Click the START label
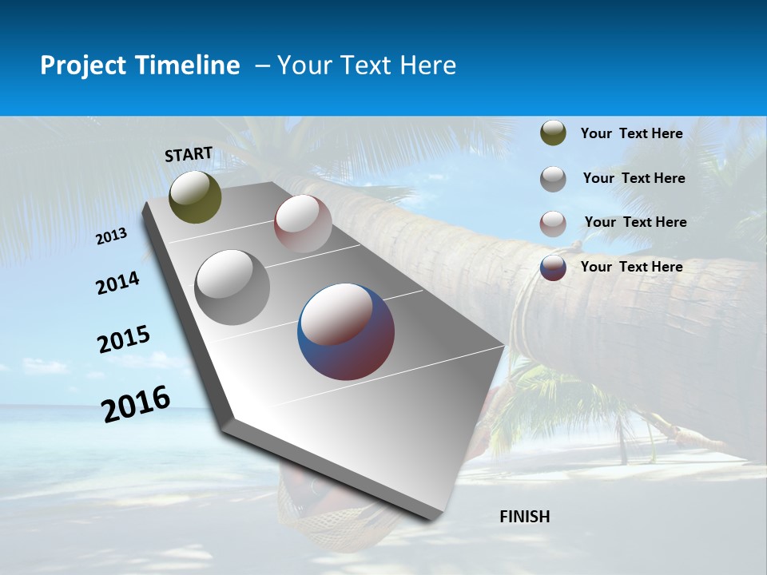[x=189, y=154]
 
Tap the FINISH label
[x=525, y=517]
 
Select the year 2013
[x=112, y=236]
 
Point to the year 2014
[x=118, y=283]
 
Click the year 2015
[x=124, y=339]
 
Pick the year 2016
[x=136, y=403]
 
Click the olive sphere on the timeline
[x=195, y=196]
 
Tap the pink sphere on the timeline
[x=303, y=224]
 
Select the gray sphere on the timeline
[x=232, y=287]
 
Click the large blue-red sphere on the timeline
[x=346, y=331]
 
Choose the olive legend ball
[x=553, y=133]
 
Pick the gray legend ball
[x=553, y=179]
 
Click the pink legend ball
[x=553, y=224]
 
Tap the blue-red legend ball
[x=553, y=268]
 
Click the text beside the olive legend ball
[x=631, y=133]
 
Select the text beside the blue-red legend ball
[x=631, y=267]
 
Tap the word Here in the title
[x=427, y=65]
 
